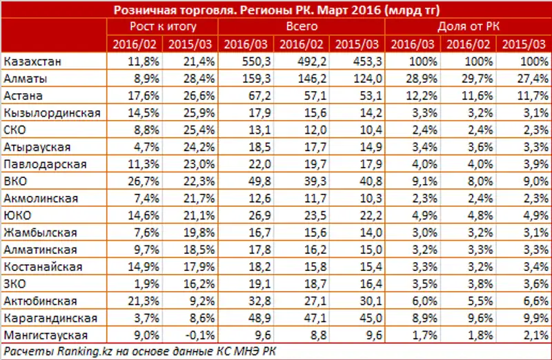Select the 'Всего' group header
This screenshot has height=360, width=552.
(x=302, y=26)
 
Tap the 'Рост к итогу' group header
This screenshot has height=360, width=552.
(x=163, y=26)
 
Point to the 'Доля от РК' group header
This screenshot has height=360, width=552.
(x=469, y=26)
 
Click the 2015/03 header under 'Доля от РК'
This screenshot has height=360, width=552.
(x=524, y=44)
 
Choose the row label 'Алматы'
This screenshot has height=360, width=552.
(x=25, y=79)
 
